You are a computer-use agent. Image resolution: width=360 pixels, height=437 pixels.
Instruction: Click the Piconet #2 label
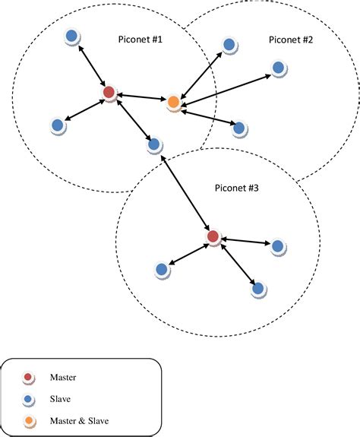click(292, 38)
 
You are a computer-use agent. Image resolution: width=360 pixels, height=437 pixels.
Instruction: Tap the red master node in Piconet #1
click(109, 93)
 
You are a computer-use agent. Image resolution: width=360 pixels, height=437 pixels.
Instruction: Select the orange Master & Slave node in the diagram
click(173, 101)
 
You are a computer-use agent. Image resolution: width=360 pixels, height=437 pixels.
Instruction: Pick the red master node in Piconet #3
click(213, 238)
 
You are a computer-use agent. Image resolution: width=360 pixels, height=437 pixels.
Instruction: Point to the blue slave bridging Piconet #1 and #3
click(153, 144)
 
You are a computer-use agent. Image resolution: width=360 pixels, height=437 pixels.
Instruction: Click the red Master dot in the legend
click(28, 378)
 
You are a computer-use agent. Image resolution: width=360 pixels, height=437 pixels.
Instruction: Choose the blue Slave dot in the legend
click(28, 398)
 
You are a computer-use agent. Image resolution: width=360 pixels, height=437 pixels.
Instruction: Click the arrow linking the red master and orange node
click(141, 97)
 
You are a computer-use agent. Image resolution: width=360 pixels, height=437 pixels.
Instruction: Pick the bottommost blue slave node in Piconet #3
click(258, 289)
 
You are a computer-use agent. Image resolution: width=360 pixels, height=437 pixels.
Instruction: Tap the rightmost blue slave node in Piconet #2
click(279, 68)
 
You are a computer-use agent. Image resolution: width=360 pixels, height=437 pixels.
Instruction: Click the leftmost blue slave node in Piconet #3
click(161, 269)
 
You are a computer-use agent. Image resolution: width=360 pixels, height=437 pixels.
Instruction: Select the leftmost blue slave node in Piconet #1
click(57, 126)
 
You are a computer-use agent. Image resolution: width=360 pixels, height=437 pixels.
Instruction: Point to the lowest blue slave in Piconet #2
click(238, 128)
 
